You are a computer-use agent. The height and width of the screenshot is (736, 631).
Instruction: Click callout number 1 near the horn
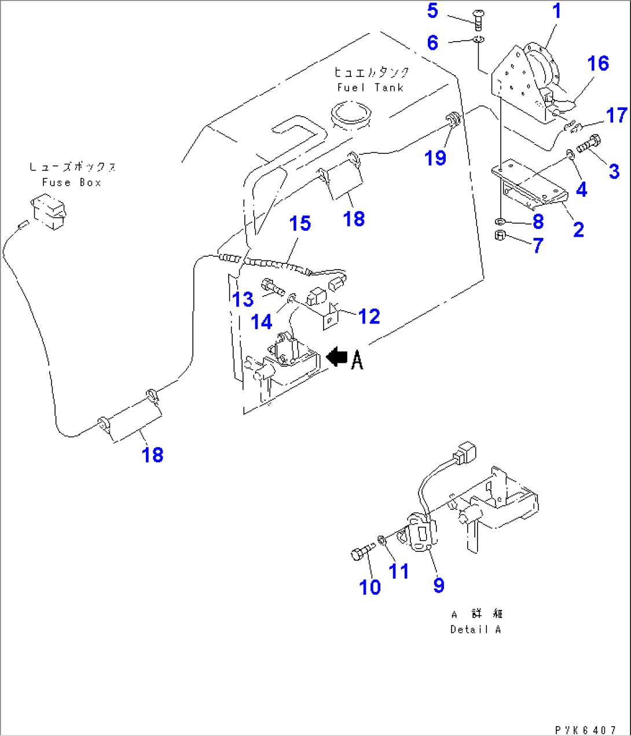557,11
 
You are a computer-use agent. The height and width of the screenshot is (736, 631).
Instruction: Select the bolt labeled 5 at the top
478,19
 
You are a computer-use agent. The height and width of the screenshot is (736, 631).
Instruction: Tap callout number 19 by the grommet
435,157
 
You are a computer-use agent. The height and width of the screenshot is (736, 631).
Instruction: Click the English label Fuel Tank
370,87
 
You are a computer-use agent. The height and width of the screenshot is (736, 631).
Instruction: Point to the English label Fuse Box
72,182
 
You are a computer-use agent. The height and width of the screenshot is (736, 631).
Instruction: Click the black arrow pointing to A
337,357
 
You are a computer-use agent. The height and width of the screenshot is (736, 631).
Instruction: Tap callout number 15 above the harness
300,223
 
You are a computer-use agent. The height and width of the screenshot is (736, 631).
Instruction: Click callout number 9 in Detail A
439,585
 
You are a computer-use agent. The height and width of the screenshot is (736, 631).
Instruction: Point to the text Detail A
475,630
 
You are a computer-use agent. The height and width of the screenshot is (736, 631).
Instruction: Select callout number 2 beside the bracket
578,229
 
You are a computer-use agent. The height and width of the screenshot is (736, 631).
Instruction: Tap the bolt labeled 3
589,141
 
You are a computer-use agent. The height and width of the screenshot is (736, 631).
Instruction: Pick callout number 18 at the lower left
153,455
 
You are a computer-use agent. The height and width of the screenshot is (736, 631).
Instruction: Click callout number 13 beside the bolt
243,299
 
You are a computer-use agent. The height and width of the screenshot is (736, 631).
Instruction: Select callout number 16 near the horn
598,63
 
